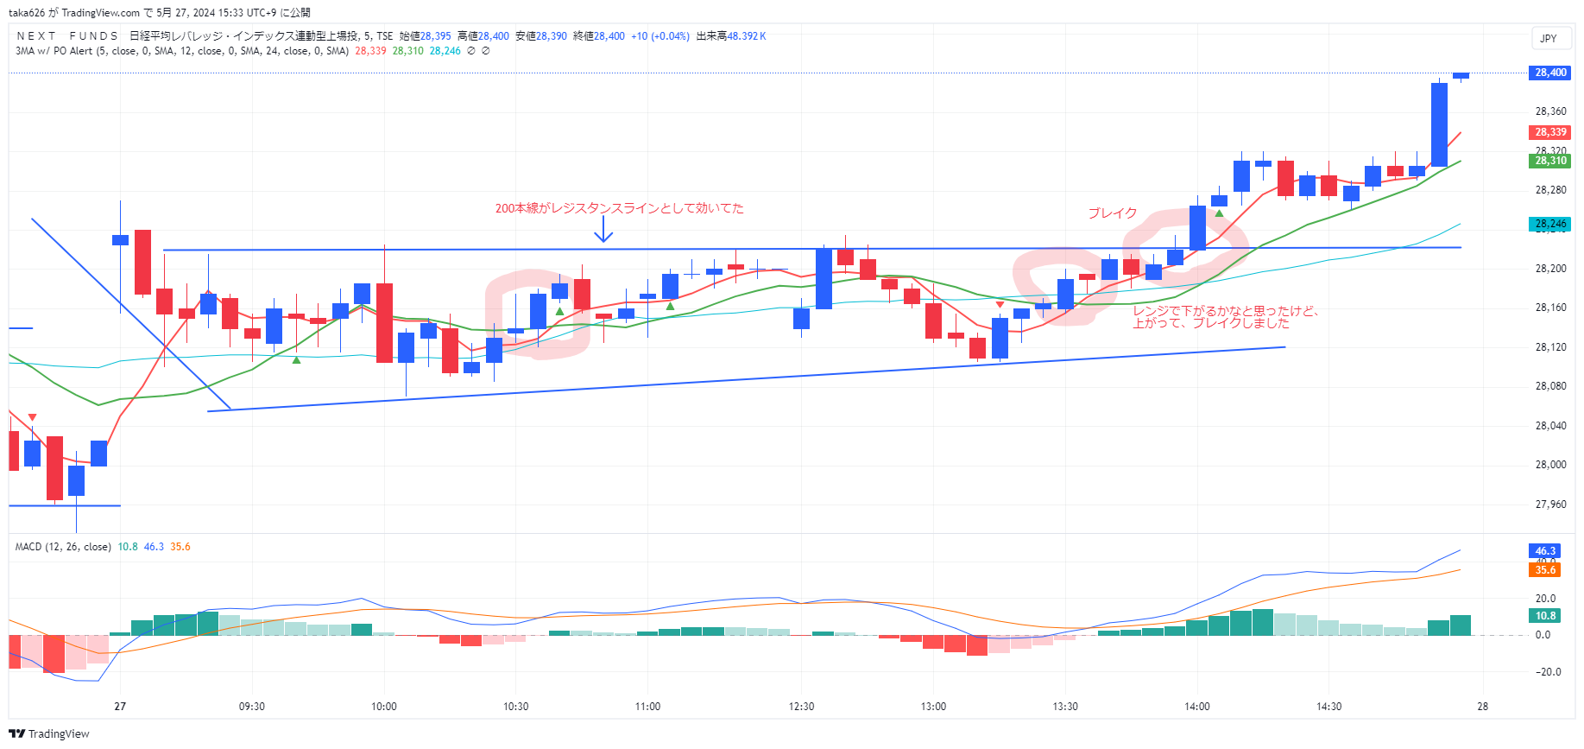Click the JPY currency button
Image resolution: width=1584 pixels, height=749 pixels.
point(1549,38)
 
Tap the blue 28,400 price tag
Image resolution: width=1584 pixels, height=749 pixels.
point(1550,73)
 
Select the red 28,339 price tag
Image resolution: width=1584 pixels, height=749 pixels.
point(1550,132)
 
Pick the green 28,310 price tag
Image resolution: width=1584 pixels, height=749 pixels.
point(1550,161)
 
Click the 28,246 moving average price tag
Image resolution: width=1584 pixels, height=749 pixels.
point(1550,224)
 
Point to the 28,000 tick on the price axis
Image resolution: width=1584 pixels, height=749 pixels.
point(1550,465)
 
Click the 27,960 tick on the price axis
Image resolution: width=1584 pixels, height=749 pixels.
point(1550,505)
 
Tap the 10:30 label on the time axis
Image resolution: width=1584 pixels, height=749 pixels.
point(515,707)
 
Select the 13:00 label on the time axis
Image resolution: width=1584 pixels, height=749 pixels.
point(933,707)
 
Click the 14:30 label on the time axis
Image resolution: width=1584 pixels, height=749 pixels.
point(1328,707)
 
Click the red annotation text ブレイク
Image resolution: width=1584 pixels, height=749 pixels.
point(1112,213)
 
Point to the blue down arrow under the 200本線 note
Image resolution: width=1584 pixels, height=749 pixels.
point(603,230)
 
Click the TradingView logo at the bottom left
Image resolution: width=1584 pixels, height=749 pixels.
point(49,733)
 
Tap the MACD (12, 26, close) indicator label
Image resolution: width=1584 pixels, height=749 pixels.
point(63,547)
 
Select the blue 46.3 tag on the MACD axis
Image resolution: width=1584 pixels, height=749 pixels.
point(1545,551)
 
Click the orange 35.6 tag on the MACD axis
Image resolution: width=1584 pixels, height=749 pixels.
point(1545,570)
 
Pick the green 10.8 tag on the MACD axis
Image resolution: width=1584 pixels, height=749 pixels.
point(1545,616)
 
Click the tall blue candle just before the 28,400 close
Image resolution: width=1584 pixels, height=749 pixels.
point(1439,124)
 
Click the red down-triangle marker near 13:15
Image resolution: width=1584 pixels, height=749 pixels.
point(1000,305)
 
